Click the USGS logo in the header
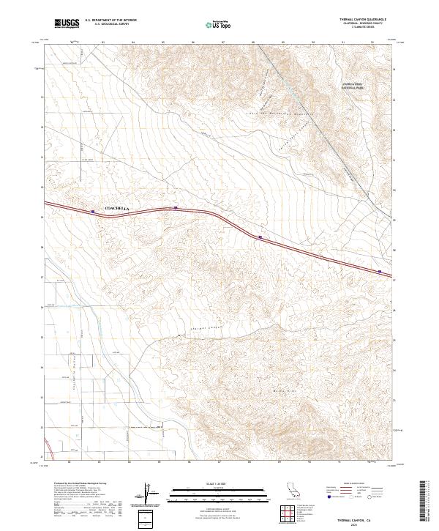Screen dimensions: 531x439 (x=67, y=23)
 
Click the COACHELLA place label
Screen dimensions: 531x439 (x=117, y=209)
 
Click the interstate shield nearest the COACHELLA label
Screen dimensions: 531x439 (x=93, y=212)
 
